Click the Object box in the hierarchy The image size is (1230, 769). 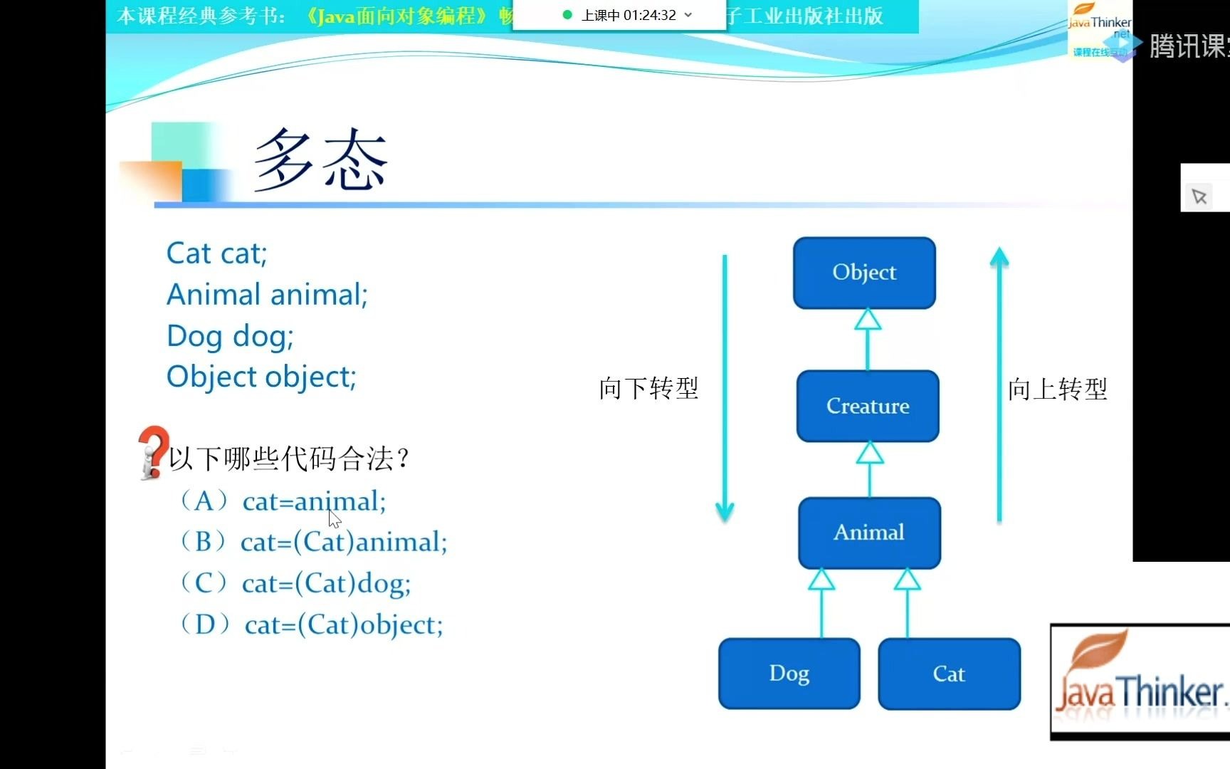pos(864,273)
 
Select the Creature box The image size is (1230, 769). pos(868,406)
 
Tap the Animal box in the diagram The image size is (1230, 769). pos(869,533)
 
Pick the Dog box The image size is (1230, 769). pos(789,674)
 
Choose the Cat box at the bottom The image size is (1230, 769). pos(949,674)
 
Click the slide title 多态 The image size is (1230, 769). pos(320,160)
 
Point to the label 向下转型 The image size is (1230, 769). pos(648,389)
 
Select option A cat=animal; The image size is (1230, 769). pos(313,502)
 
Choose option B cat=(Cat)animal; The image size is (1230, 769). pos(343,543)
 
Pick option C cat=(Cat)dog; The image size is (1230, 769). pos(326,584)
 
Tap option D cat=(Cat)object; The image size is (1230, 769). pos(343,625)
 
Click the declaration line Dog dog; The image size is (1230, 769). pos(230,336)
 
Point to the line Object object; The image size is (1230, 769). pos(261,377)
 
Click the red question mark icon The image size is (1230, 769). pos(152,451)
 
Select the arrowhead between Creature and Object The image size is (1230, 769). pos(867,320)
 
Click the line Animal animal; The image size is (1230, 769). pos(267,295)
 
